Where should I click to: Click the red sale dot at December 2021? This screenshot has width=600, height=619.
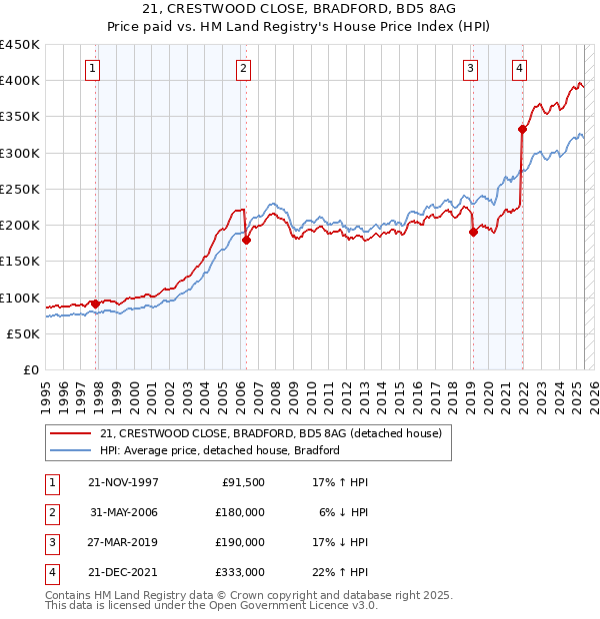[522, 129]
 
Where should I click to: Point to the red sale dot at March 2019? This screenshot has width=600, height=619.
[473, 233]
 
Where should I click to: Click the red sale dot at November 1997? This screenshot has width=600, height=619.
[96, 304]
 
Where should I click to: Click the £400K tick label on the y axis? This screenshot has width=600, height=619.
[20, 81]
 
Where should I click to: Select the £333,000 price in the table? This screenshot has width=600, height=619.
[241, 572]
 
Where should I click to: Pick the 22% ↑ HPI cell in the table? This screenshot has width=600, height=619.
[340, 572]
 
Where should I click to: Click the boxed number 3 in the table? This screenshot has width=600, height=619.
[50, 542]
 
